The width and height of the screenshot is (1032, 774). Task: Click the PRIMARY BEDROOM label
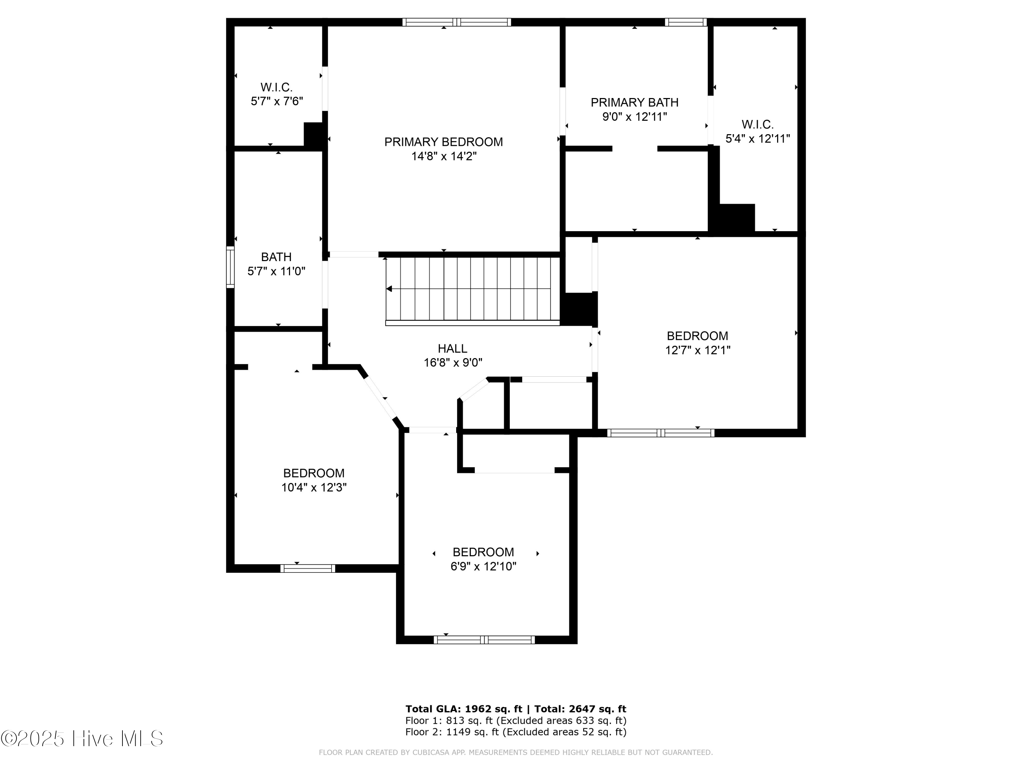click(x=443, y=142)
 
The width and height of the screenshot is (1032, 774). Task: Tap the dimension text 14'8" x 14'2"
click(x=443, y=156)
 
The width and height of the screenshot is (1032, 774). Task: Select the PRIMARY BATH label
click(x=634, y=102)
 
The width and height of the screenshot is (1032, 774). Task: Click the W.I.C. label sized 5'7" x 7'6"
click(x=276, y=87)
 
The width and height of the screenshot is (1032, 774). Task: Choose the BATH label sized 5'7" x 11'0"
click(x=276, y=257)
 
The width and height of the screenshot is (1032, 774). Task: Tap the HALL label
click(x=452, y=348)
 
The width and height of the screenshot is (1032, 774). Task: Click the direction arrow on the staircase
click(x=389, y=289)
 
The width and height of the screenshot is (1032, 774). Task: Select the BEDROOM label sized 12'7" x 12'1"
click(x=697, y=336)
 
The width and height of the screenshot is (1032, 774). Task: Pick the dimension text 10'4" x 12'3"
click(x=313, y=487)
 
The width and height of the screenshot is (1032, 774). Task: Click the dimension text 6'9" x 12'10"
click(x=483, y=566)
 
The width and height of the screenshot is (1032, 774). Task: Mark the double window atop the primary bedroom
click(x=457, y=22)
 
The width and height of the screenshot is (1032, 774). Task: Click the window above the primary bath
click(x=685, y=22)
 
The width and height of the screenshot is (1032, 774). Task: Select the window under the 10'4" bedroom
click(x=308, y=568)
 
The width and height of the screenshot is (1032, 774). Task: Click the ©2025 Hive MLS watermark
click(x=82, y=739)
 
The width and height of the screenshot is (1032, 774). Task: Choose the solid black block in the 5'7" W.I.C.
click(x=313, y=135)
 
